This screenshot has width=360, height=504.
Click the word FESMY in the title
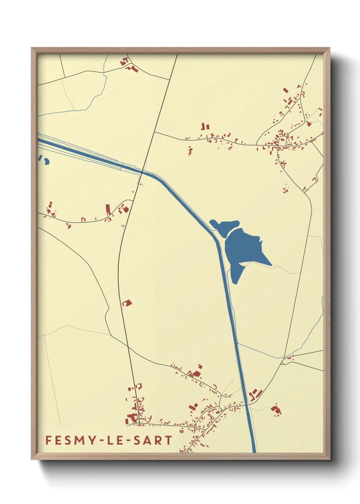click(x=71, y=440)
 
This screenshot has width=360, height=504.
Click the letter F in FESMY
click(x=48, y=440)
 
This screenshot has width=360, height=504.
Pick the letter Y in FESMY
click(x=93, y=440)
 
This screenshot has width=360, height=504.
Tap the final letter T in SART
click(x=168, y=440)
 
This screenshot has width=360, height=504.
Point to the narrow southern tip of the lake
click(x=235, y=278)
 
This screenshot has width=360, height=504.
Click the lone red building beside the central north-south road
click(x=127, y=302)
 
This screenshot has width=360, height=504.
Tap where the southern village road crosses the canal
click(x=247, y=404)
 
